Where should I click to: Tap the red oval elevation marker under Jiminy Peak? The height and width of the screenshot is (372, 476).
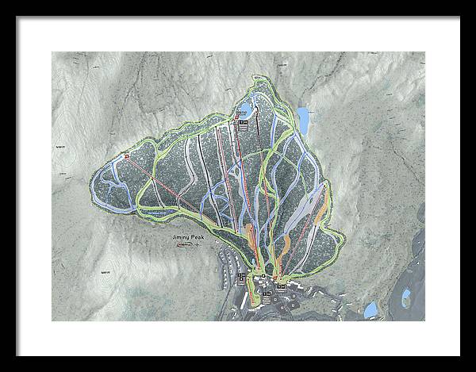[185, 245]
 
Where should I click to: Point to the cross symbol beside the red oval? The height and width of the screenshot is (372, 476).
[198, 245]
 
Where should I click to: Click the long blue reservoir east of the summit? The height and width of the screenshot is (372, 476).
[303, 120]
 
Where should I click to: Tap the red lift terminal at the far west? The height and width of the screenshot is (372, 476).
[126, 156]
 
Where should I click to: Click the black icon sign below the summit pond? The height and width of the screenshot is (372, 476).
[244, 124]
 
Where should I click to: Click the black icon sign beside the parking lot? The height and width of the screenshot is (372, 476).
[243, 276]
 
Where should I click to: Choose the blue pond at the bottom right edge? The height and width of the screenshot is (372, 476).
[370, 309]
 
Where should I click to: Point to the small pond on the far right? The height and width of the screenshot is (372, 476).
[406, 298]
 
